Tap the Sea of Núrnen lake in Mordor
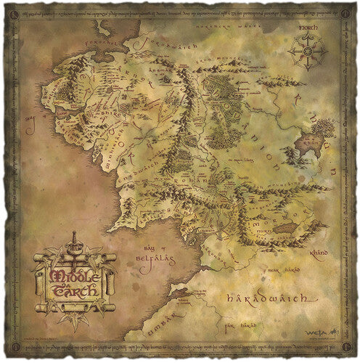[282, 229]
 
